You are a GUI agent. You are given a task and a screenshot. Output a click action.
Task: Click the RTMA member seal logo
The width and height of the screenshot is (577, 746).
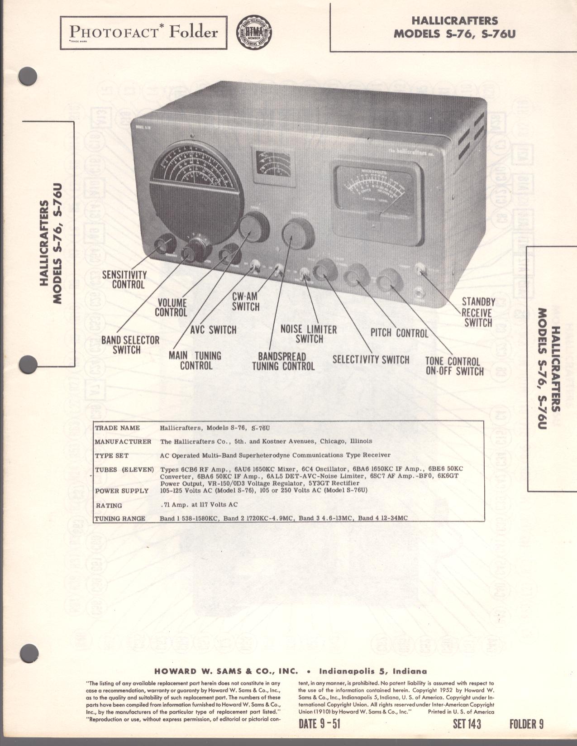pyautogui.click(x=254, y=33)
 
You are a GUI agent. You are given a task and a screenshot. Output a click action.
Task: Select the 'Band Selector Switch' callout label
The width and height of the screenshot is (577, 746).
pyautogui.click(x=130, y=344)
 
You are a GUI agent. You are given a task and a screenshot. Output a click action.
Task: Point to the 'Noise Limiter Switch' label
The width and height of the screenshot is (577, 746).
pyautogui.click(x=309, y=334)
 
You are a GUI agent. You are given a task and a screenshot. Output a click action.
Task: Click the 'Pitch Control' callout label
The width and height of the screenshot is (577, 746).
pyautogui.click(x=399, y=333)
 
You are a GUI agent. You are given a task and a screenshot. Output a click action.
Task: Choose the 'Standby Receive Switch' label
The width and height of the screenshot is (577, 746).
pyautogui.click(x=478, y=312)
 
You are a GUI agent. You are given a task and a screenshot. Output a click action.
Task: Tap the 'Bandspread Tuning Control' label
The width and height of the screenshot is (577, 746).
pyautogui.click(x=283, y=362)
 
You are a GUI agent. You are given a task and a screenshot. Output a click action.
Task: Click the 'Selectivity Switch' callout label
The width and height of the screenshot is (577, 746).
pyautogui.click(x=371, y=359)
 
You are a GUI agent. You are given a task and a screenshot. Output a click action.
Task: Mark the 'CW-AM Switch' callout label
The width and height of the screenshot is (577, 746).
pyautogui.click(x=245, y=301)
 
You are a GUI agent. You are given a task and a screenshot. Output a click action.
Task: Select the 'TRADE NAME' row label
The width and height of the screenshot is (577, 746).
pyautogui.click(x=117, y=428)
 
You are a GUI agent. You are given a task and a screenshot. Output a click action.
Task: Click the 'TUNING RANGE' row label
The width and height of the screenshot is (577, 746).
pyautogui.click(x=120, y=518)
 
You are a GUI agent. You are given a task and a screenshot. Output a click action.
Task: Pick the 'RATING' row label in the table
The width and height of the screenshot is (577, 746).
pyautogui.click(x=109, y=505)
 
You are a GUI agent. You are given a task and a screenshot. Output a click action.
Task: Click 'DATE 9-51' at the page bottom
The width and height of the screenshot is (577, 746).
pyautogui.click(x=319, y=724)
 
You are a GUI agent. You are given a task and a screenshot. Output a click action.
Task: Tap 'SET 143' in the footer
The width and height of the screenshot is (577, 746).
pyautogui.click(x=467, y=724)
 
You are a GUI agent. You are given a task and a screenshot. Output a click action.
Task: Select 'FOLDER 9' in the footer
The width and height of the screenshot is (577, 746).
pyautogui.click(x=526, y=724)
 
